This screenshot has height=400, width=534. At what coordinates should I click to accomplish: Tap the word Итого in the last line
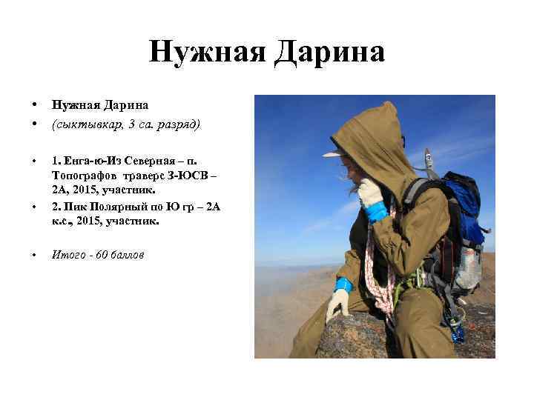67,255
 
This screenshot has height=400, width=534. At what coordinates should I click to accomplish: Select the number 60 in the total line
102,255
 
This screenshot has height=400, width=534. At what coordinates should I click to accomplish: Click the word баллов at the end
128,255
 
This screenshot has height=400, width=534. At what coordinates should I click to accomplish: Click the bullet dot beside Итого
34,256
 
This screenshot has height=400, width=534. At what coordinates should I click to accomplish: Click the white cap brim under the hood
333,153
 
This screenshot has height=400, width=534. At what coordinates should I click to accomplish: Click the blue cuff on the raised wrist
377,212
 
